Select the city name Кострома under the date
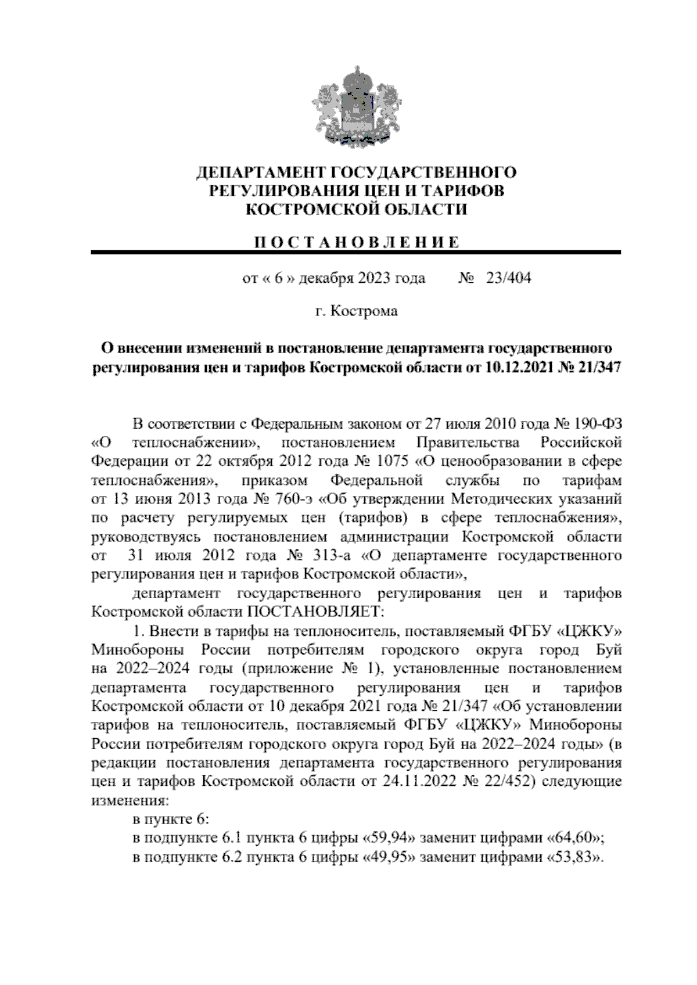pos(364,311)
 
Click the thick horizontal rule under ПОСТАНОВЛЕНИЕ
pos(355,253)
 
